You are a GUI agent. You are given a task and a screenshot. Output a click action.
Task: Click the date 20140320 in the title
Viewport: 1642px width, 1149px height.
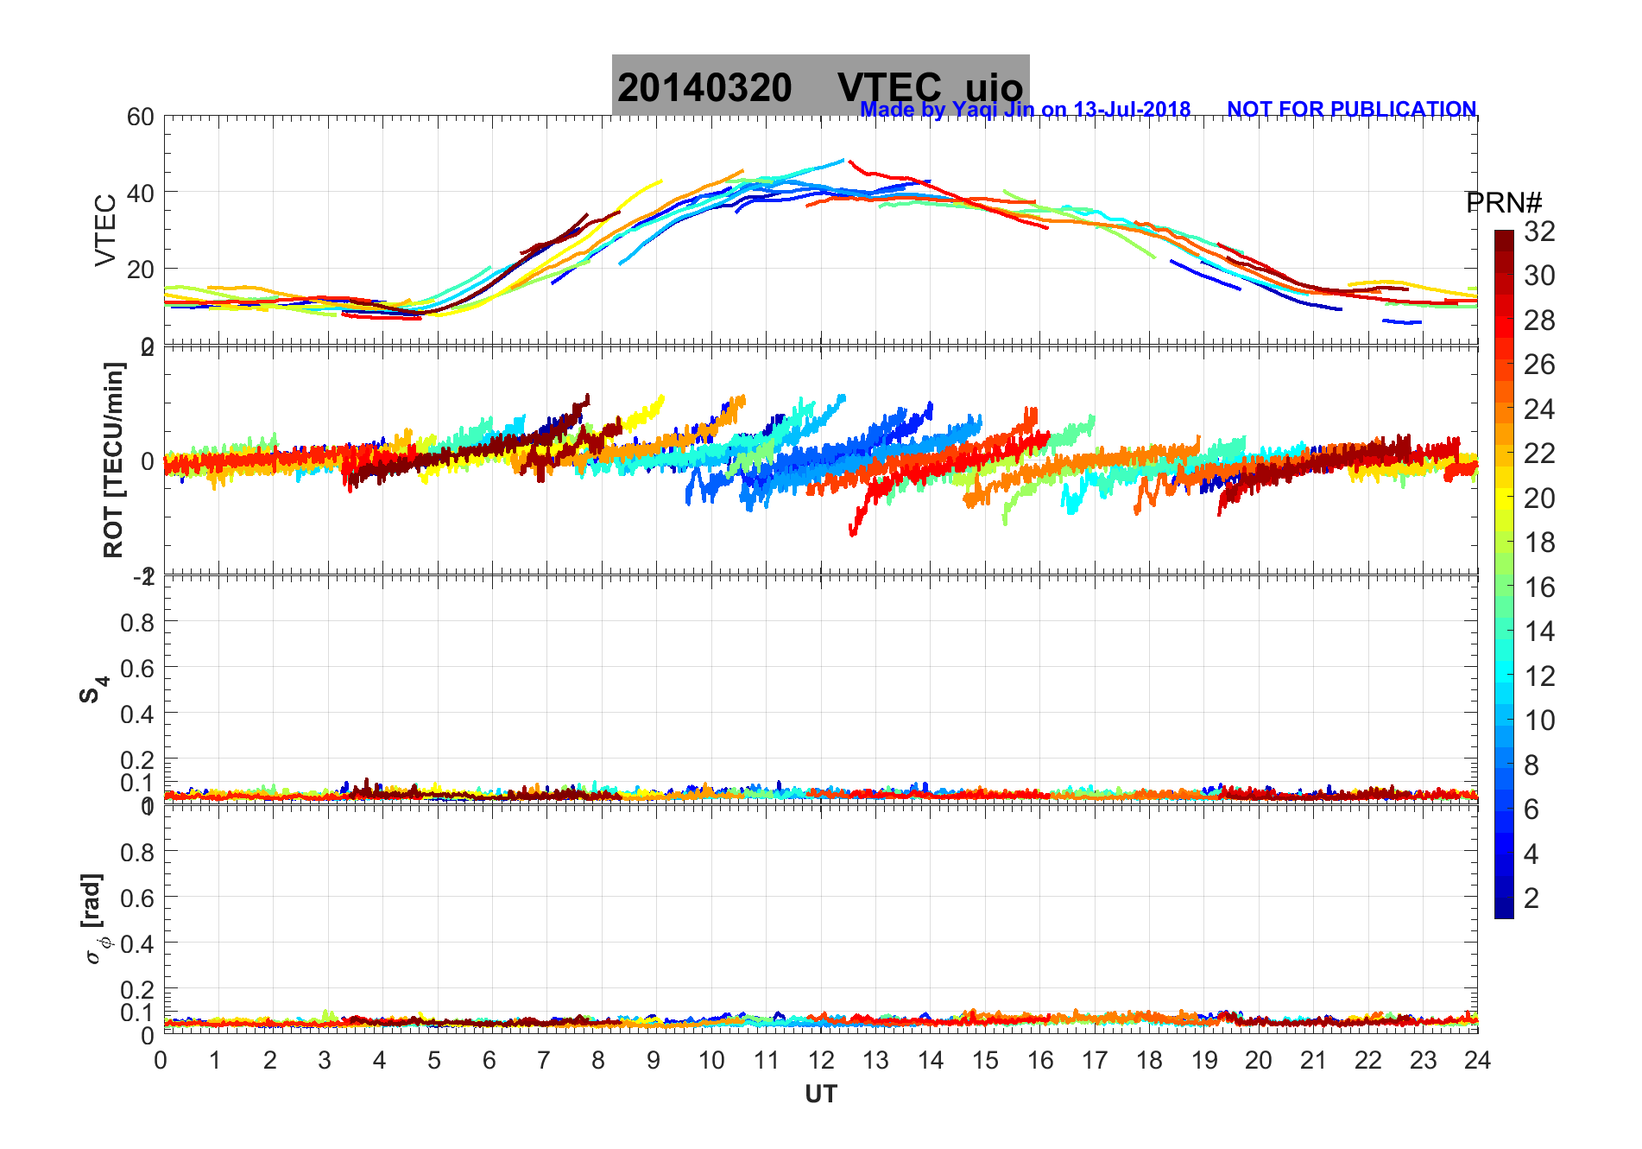[704, 87]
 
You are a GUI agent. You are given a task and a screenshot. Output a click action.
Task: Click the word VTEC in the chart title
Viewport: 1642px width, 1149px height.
[889, 87]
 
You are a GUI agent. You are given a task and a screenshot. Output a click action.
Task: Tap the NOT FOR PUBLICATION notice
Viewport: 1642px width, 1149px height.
[1351, 110]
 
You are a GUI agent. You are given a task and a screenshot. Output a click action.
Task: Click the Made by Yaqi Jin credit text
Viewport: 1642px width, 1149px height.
[1025, 110]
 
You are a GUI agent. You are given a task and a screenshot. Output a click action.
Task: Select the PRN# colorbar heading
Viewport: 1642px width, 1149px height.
[1504, 203]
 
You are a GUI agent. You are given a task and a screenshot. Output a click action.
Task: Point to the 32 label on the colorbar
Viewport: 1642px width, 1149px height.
[1539, 231]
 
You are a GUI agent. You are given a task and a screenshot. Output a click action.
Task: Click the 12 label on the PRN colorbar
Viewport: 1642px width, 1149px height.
[1539, 676]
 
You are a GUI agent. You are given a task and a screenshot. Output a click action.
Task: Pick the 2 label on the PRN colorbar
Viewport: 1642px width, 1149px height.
[1531, 898]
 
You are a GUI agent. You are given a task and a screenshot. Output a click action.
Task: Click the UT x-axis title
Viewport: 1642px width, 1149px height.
[820, 1095]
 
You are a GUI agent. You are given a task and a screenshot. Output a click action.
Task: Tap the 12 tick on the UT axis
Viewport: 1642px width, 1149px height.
[821, 1060]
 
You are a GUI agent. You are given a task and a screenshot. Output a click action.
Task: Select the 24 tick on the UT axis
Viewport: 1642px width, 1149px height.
[1477, 1060]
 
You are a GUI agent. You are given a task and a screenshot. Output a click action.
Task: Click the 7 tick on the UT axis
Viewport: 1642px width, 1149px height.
[544, 1060]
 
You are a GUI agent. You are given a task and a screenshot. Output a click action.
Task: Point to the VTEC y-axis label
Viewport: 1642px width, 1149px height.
[104, 230]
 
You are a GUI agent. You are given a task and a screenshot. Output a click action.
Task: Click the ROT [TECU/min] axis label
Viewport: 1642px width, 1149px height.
[113, 460]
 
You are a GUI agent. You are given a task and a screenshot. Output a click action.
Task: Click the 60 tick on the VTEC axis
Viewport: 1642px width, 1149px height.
[141, 117]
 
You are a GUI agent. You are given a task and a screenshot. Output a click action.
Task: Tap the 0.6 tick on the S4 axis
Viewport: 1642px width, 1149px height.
[137, 668]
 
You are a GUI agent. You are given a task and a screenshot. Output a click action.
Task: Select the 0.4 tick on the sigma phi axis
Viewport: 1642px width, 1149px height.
[137, 943]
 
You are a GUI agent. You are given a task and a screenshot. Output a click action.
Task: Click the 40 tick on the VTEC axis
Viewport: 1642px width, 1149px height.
[141, 193]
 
